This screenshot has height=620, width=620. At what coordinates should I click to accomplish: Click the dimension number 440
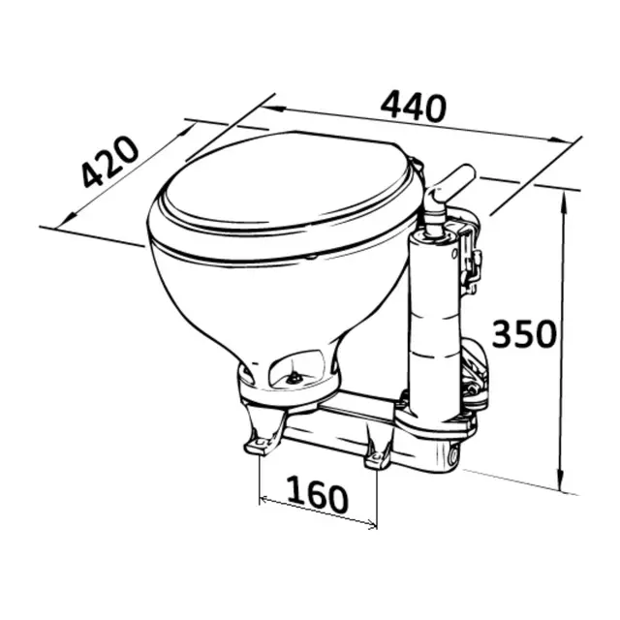point(414,106)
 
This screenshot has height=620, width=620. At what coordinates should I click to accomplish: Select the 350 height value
point(524,333)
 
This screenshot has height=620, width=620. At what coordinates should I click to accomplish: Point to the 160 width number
point(319,497)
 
